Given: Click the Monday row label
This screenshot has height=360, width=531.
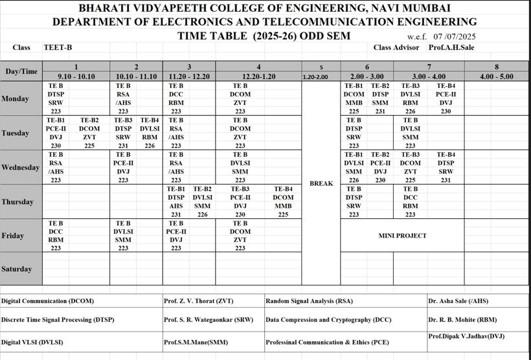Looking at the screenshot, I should tap(15, 98).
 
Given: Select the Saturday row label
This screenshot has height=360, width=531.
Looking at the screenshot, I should tap(17, 269).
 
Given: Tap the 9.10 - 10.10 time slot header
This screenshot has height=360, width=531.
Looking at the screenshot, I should tap(76, 76).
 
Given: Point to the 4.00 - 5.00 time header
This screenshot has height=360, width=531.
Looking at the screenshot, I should tap(497, 76).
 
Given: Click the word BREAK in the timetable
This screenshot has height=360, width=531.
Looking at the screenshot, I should tap(321, 183).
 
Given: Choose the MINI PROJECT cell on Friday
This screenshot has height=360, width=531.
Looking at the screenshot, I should tap(402, 236).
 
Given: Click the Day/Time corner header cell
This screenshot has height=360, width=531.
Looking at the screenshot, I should tap(21, 71).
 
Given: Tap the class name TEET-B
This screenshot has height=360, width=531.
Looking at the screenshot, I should tap(58, 47).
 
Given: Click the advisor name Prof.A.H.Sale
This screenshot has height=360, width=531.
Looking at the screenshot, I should tap(451, 47).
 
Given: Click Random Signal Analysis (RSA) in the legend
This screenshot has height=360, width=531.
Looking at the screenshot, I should tap(309, 301).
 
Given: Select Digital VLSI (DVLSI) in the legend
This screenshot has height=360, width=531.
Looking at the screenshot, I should tap(32, 341).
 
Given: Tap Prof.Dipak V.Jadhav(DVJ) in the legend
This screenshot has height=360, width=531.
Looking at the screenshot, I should tap(466, 336).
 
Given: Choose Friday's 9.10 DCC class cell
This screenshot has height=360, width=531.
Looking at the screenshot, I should tap(56, 235).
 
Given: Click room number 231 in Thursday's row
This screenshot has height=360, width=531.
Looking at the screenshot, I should tap(175, 214).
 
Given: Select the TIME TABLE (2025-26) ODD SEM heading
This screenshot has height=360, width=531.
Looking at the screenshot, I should tap(264, 36).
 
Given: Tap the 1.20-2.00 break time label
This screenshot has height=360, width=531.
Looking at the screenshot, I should tap(315, 77).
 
